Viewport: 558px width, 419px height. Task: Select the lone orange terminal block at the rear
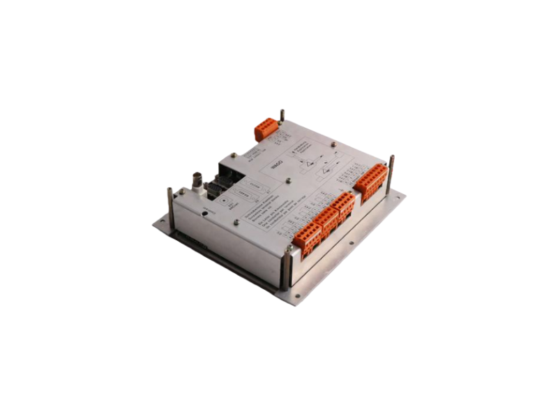(266, 128)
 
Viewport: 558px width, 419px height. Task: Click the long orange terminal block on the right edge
(370, 182)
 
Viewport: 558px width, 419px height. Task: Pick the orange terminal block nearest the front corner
(307, 239)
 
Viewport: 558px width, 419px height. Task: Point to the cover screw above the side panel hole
(236, 222)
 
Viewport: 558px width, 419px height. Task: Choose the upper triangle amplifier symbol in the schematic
(308, 161)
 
